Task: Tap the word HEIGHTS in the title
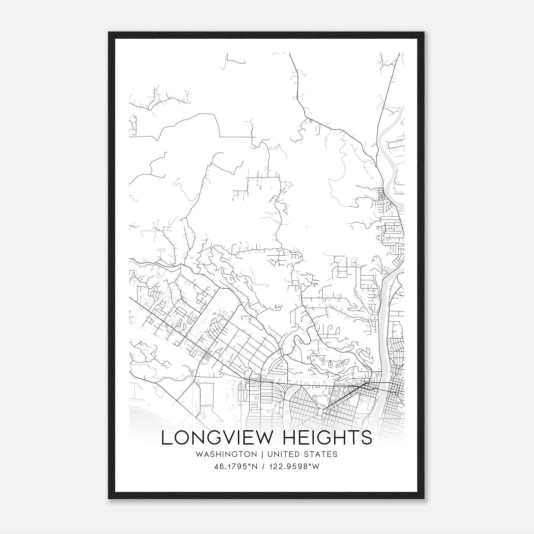(x=327, y=438)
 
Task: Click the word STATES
(x=321, y=454)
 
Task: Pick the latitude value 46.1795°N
(x=236, y=467)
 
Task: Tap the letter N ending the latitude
(x=255, y=467)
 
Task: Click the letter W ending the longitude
(x=316, y=467)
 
